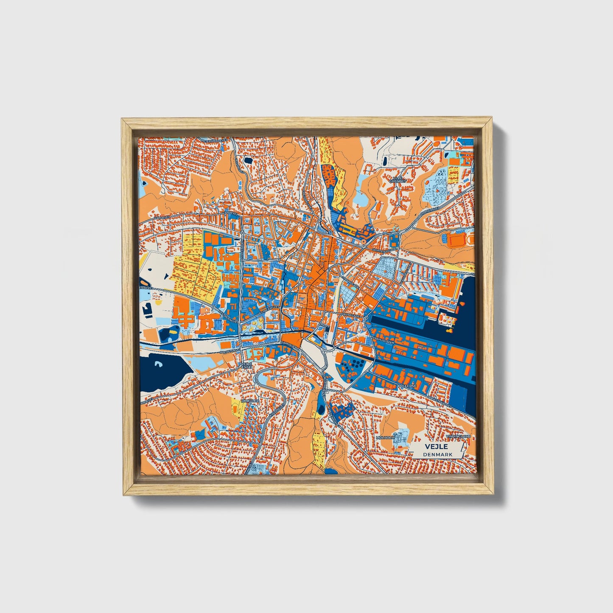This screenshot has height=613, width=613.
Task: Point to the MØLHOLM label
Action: [385, 437]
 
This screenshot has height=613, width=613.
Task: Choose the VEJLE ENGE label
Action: [246, 366]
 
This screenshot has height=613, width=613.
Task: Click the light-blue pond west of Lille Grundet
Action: [361, 197]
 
